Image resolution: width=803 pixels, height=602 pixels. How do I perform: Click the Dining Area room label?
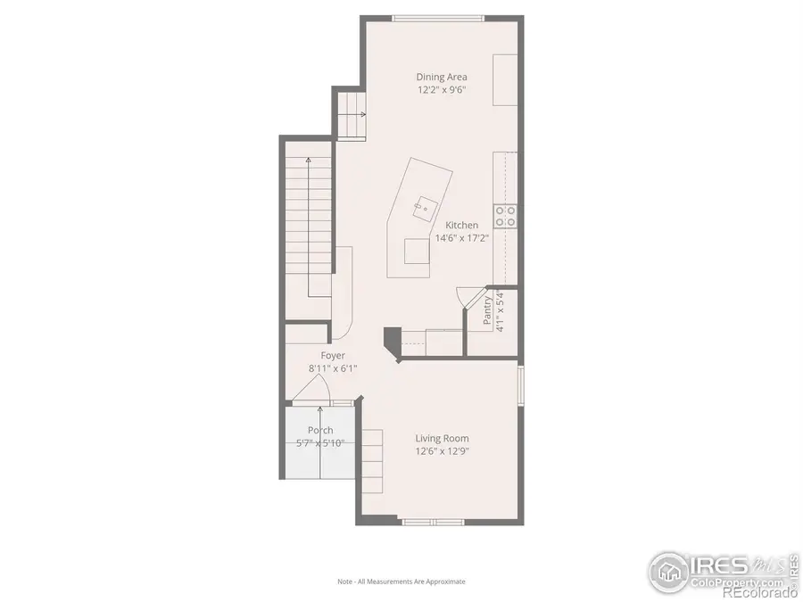click(x=441, y=77)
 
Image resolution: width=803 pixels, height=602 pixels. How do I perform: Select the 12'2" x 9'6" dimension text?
click(x=441, y=90)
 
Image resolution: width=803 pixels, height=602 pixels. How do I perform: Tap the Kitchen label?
click(x=462, y=226)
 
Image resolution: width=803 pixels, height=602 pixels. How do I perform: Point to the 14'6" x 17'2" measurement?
click(x=460, y=239)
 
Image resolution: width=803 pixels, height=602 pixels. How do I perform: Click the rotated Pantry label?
click(x=487, y=311)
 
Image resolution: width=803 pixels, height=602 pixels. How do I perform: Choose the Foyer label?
click(x=333, y=355)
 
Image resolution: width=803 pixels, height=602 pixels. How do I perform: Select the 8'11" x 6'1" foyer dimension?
click(x=333, y=367)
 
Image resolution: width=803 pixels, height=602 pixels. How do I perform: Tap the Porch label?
click(x=320, y=430)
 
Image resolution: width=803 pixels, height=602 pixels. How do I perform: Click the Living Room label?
click(x=442, y=438)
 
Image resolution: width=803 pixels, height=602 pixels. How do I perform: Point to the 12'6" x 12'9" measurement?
click(x=442, y=451)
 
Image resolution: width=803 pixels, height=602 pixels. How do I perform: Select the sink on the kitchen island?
click(x=419, y=209)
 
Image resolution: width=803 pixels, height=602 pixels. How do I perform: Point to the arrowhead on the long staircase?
click(x=309, y=160)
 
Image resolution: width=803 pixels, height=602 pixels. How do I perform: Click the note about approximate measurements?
click(x=401, y=581)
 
